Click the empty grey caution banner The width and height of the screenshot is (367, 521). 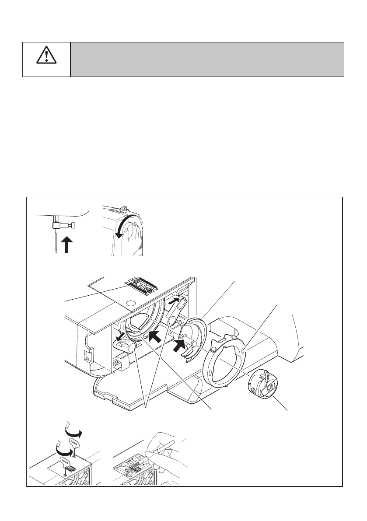[207, 59]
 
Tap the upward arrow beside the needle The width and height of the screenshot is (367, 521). [66, 245]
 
